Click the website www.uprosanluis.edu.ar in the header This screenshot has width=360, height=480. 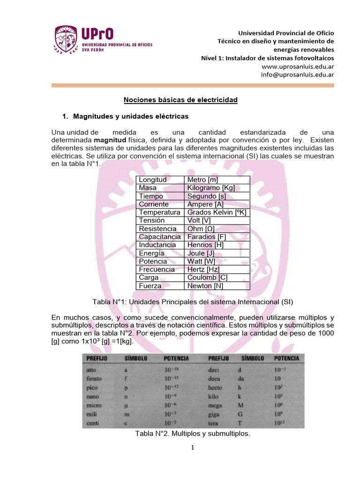pos(298,66)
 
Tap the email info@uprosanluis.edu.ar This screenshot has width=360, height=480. pos(298,74)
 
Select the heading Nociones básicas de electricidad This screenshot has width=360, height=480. pos(180,100)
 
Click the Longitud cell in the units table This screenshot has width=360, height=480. pos(153,180)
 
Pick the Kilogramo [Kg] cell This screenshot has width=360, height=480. pos(211,187)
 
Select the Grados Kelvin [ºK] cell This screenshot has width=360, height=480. pos(217,212)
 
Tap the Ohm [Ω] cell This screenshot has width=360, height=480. pos(201,228)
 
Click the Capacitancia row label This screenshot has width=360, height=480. pos(160,237)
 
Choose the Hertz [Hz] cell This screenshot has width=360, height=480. pos(204,269)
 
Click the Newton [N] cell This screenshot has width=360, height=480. pos(205,285)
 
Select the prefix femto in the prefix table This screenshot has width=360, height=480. pos(95,378)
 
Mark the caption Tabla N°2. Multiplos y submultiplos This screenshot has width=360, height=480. pos(193,434)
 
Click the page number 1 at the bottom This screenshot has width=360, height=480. pos(193,448)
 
